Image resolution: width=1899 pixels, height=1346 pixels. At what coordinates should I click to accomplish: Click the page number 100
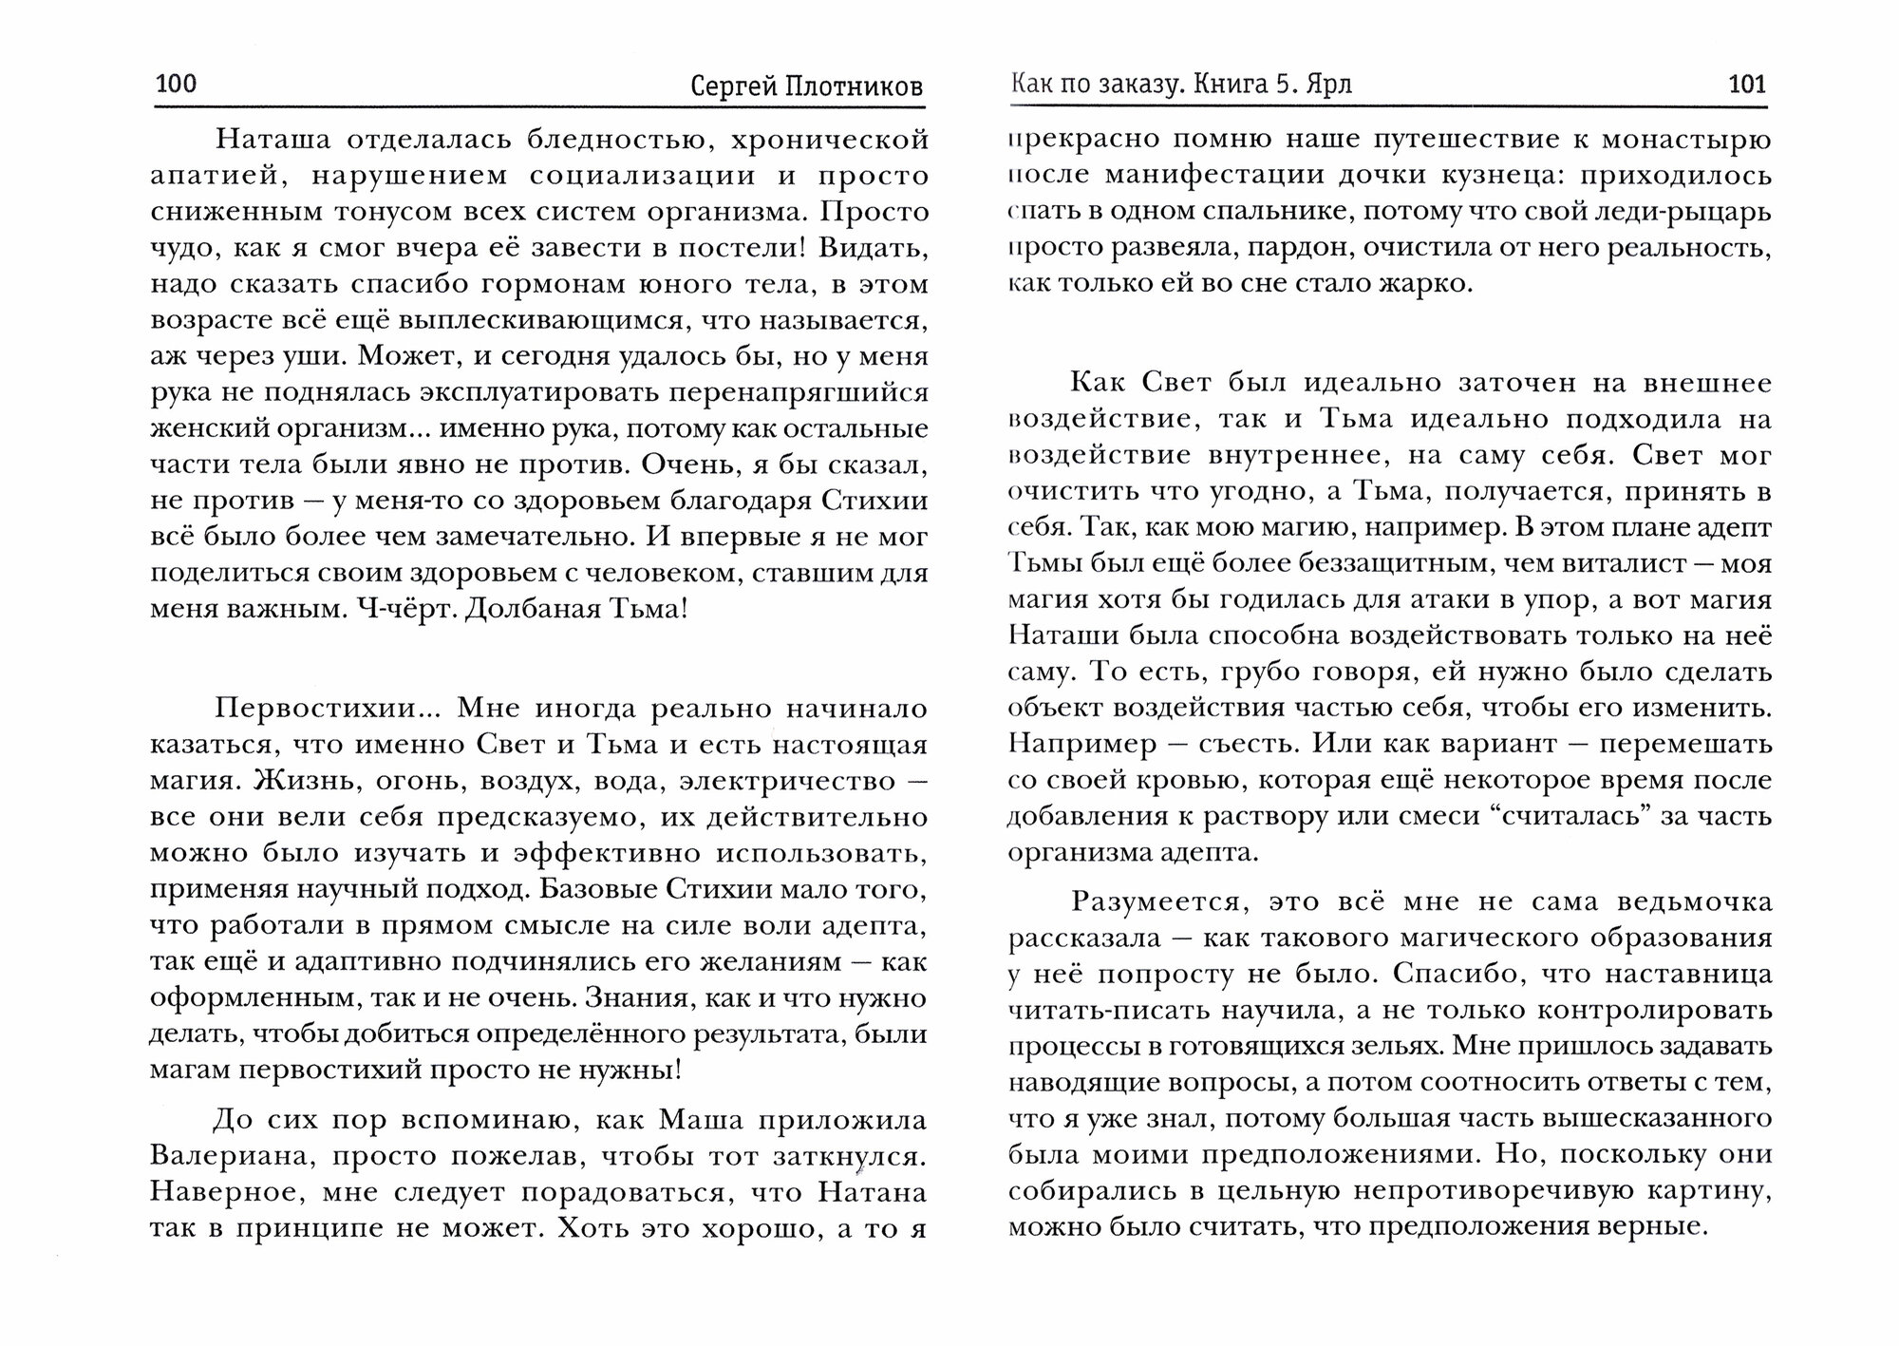coord(176,85)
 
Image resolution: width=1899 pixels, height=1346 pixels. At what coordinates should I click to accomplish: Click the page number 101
coord(1747,85)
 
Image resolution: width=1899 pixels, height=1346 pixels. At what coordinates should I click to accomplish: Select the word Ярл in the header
coord(1327,85)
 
